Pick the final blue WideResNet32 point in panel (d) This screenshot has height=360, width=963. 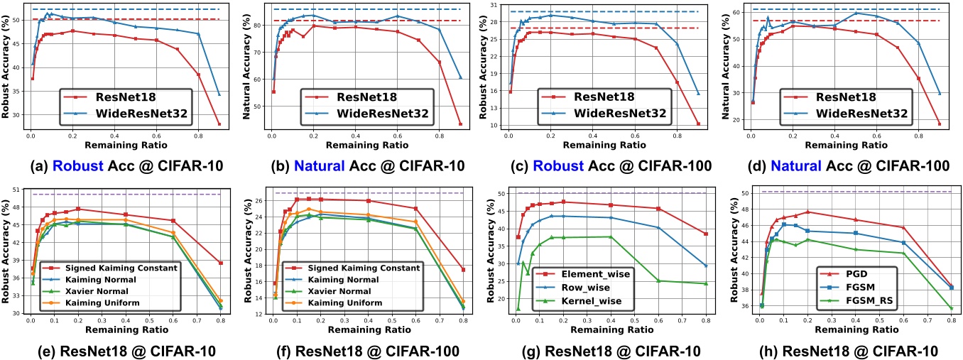click(x=940, y=94)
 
